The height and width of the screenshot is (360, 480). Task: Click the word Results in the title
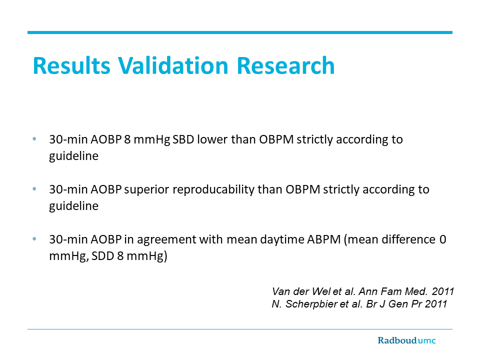click(71, 65)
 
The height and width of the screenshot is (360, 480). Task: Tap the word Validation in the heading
click(173, 65)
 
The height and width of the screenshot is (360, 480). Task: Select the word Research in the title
click(285, 65)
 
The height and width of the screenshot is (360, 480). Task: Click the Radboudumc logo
click(406, 340)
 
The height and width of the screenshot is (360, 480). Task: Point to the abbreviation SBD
click(183, 139)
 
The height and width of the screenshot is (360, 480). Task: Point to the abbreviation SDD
click(102, 256)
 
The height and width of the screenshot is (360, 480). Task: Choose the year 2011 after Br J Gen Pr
click(436, 304)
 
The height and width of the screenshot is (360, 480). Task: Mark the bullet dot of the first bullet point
click(34, 139)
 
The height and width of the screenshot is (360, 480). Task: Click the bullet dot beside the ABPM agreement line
click(34, 239)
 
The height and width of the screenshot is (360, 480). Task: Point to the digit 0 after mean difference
click(442, 239)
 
